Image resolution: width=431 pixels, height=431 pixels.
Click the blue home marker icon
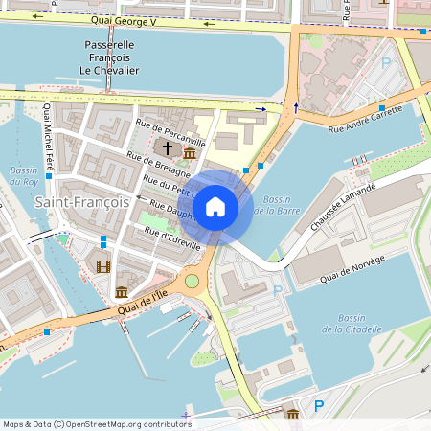tap(215, 206)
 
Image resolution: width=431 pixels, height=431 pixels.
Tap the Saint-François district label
tap(81, 202)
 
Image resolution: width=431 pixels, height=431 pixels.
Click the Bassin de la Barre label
tap(277, 203)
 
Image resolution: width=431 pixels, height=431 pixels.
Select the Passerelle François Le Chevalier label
tap(109, 57)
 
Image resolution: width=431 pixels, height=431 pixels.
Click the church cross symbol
tap(169, 148)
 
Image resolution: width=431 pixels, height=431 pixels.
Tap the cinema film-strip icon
tap(103, 266)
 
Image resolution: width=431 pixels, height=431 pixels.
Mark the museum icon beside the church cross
tap(190, 153)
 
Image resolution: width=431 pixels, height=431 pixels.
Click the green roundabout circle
tap(192, 281)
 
